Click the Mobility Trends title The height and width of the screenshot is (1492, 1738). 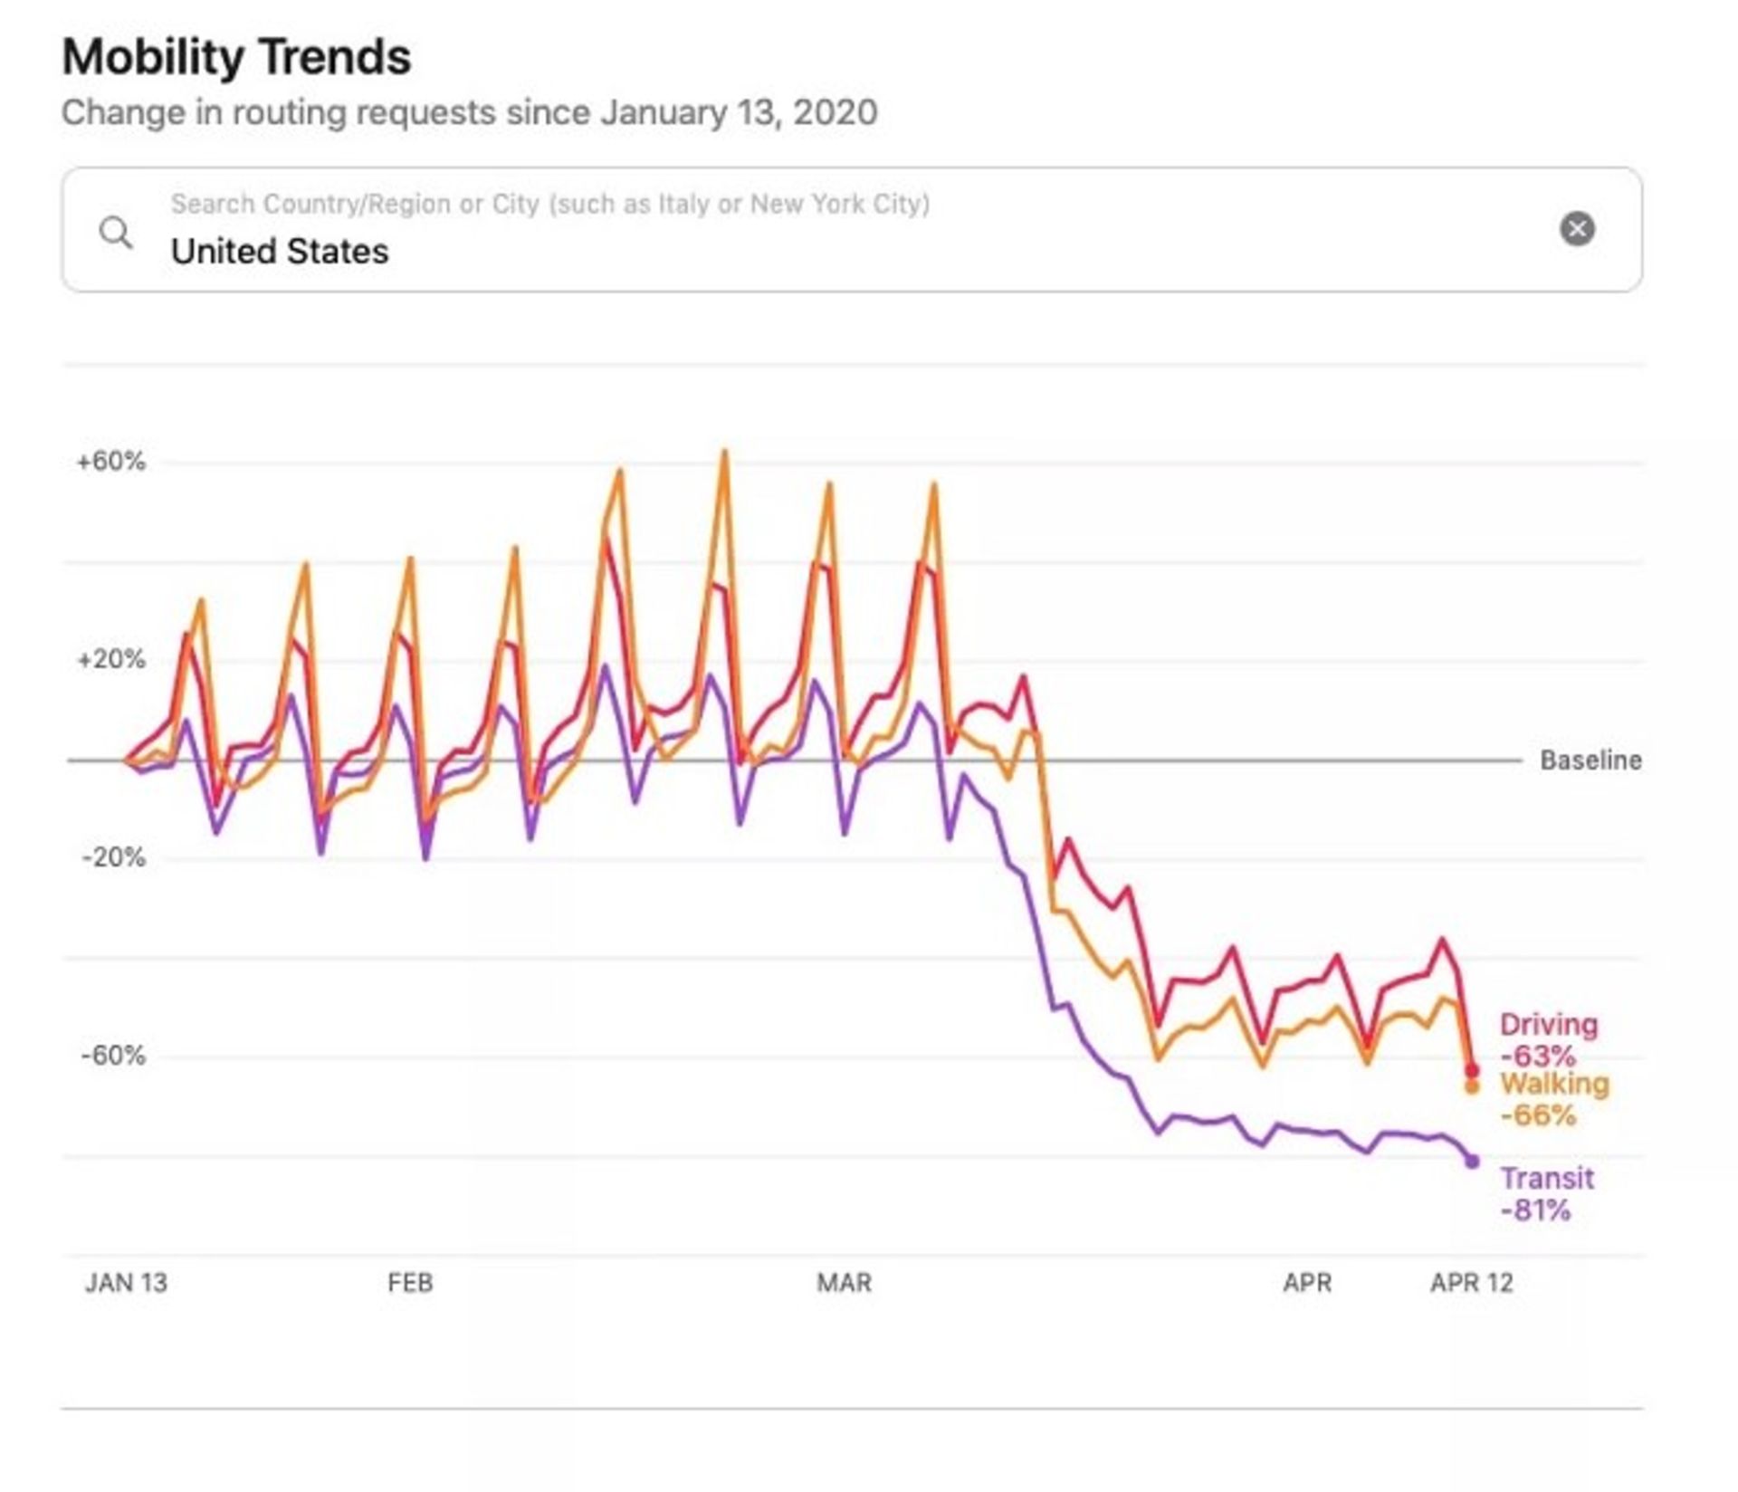point(236,57)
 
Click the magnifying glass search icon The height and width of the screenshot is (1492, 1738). point(115,232)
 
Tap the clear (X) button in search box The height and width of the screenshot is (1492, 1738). point(1576,228)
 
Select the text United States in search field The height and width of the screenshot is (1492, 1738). point(280,252)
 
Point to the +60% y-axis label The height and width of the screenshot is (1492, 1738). point(110,462)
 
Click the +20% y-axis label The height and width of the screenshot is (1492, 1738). point(110,659)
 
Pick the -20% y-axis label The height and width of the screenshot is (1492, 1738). point(112,857)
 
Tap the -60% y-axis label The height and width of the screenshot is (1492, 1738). point(112,1055)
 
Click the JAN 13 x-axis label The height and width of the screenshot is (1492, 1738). point(126,1283)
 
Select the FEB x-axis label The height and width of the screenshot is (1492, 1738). point(410,1283)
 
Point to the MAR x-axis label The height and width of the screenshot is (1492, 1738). point(844,1283)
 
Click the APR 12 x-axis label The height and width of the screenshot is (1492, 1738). point(1471,1283)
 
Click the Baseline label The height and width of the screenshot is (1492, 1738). point(1590,760)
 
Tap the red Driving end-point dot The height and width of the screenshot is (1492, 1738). point(1471,1071)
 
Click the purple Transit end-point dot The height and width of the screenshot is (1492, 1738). point(1472,1162)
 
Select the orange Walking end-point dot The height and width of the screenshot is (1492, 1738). point(1471,1087)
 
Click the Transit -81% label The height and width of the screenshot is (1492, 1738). point(1546,1194)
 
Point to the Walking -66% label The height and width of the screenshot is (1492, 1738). point(1553,1099)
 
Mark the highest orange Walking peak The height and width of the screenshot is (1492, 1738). point(724,452)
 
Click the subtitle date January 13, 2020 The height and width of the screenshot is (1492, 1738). point(739,113)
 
